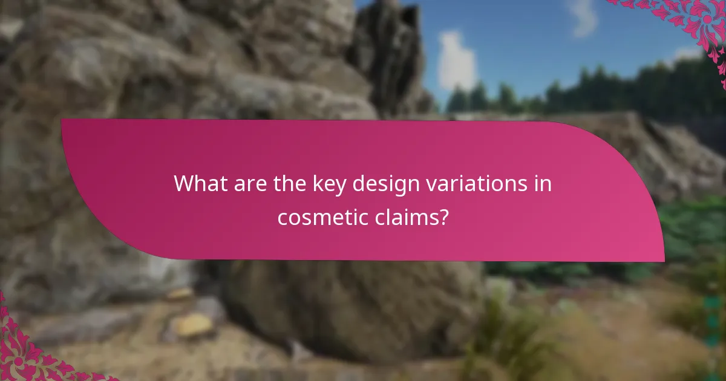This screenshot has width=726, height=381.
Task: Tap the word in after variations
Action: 543,184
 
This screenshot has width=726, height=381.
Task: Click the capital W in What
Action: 184,184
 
